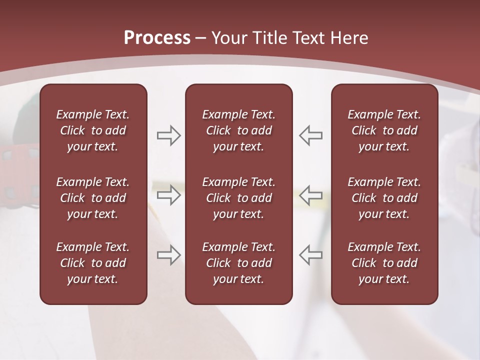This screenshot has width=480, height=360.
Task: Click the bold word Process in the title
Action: pyautogui.click(x=157, y=38)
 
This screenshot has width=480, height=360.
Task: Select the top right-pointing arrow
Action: pyautogui.click(x=168, y=135)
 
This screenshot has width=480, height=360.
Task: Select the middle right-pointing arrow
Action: pyautogui.click(x=168, y=195)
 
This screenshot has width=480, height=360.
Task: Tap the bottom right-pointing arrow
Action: pyautogui.click(x=168, y=254)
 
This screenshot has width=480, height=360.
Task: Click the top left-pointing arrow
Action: pyautogui.click(x=310, y=135)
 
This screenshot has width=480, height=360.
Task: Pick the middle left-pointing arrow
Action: pyautogui.click(x=310, y=195)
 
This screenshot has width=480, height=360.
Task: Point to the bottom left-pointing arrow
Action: pyautogui.click(x=310, y=254)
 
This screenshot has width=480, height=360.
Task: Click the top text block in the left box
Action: pyautogui.click(x=93, y=130)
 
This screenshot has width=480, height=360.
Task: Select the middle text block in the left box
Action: pyautogui.click(x=93, y=198)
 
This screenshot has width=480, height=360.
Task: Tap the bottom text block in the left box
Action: pyautogui.click(x=93, y=263)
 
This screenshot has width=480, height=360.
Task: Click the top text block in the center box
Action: pyautogui.click(x=238, y=130)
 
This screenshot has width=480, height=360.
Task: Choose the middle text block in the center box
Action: pyautogui.click(x=238, y=198)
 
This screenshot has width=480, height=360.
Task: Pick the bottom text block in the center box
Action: pyautogui.click(x=238, y=263)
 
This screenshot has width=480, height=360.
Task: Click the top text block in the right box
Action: pyautogui.click(x=384, y=130)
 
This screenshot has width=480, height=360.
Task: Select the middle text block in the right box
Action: pyautogui.click(x=384, y=198)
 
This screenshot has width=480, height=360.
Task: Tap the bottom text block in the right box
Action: pyautogui.click(x=384, y=263)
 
